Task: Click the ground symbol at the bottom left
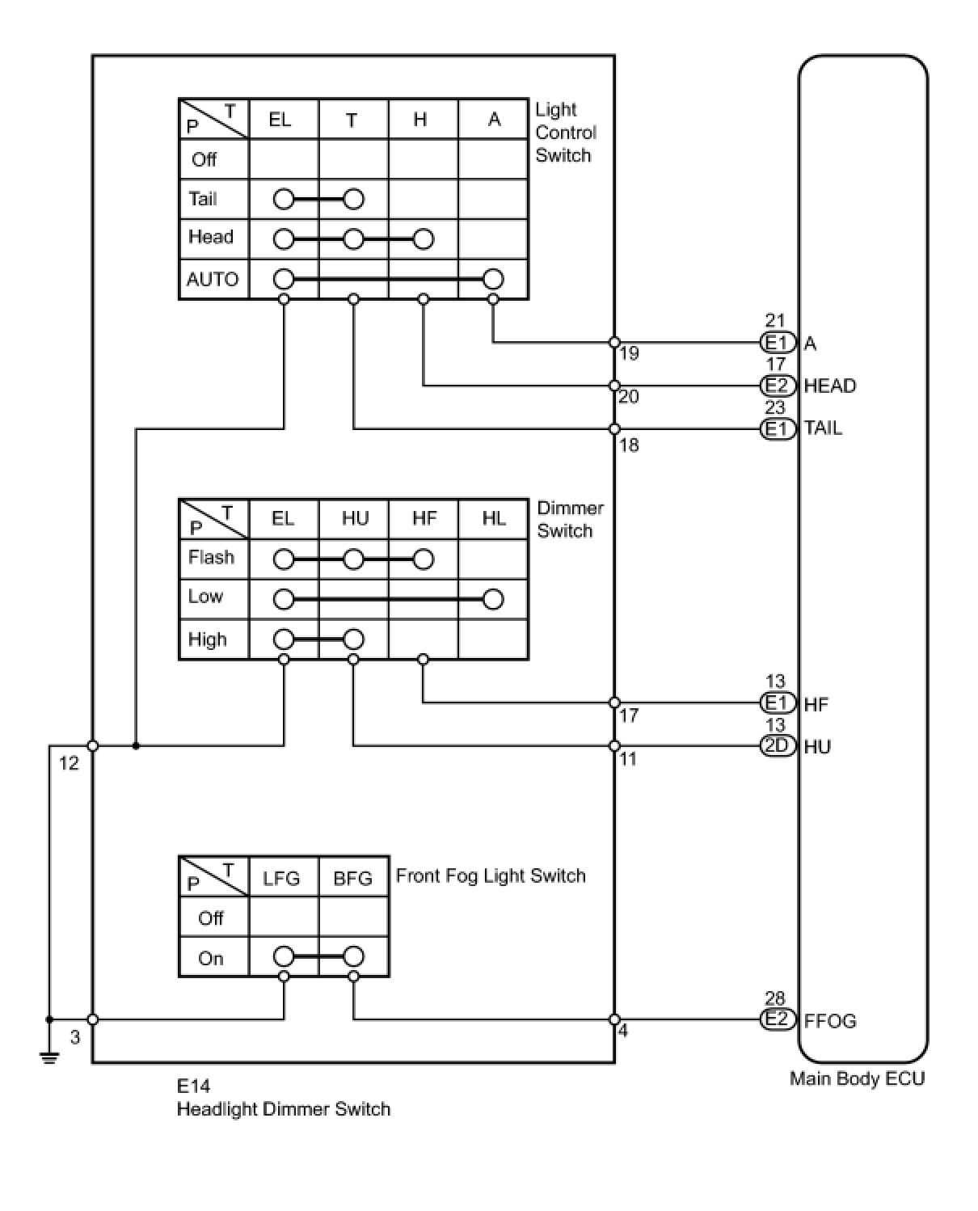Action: coord(49,1057)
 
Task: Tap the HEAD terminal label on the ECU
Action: coord(829,386)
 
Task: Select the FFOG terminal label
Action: coord(829,1021)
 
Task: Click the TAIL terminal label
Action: coord(823,428)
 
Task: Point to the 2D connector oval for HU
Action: coord(778,745)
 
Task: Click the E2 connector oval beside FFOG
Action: coord(778,1019)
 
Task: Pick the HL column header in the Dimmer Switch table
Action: coord(493,518)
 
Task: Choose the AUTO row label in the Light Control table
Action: coord(213,280)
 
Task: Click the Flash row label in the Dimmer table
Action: coord(211,558)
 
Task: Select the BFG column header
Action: coord(353,878)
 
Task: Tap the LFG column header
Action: coord(281,878)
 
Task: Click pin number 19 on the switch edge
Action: coord(629,353)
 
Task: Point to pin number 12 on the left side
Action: coord(69,763)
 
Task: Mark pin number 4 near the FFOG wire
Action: coord(622,1032)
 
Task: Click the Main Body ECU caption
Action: coord(857,1078)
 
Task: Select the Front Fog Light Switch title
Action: coord(491,876)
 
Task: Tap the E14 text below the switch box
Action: coord(193,1086)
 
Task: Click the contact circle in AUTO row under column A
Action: coord(493,280)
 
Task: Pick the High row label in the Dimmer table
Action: coord(207,640)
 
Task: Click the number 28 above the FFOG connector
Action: coord(774,999)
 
